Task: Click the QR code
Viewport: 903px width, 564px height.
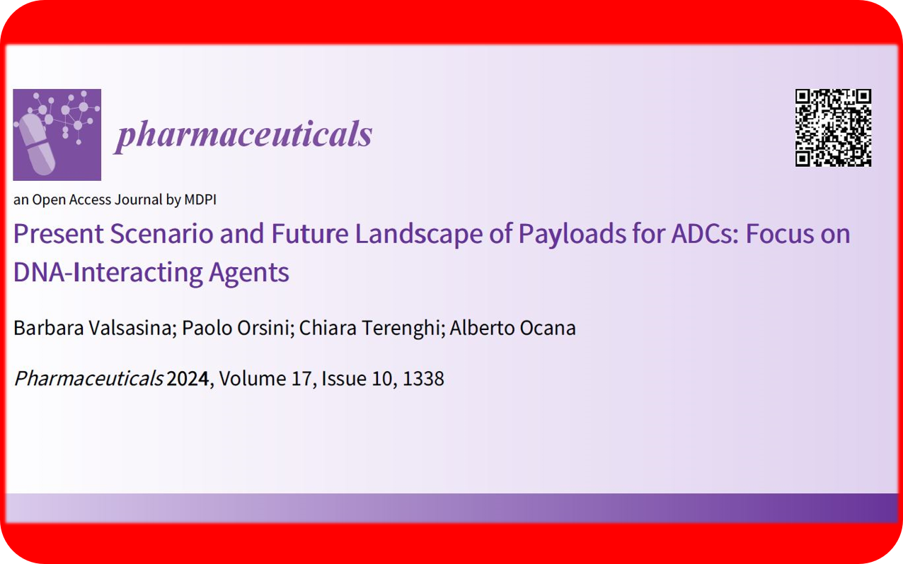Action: (x=833, y=128)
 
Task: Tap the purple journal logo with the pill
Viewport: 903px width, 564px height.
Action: (x=57, y=134)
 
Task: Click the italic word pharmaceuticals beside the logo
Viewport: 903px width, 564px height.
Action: (x=243, y=135)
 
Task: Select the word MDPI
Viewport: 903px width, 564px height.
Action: (x=200, y=200)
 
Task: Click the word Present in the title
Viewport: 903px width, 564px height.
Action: (x=59, y=234)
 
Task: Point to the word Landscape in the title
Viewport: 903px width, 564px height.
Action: (x=418, y=235)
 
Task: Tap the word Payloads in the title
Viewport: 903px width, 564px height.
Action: (x=572, y=235)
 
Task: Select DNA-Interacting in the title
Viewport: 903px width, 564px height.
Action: (x=108, y=274)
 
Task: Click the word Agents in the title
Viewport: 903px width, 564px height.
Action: (x=249, y=274)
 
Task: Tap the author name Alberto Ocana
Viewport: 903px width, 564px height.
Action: (x=513, y=328)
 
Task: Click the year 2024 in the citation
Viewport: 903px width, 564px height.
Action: (x=188, y=379)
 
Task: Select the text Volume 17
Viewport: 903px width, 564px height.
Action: (x=265, y=379)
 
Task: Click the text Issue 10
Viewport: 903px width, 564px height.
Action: (x=357, y=379)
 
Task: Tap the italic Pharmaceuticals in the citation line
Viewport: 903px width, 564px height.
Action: (x=88, y=379)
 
